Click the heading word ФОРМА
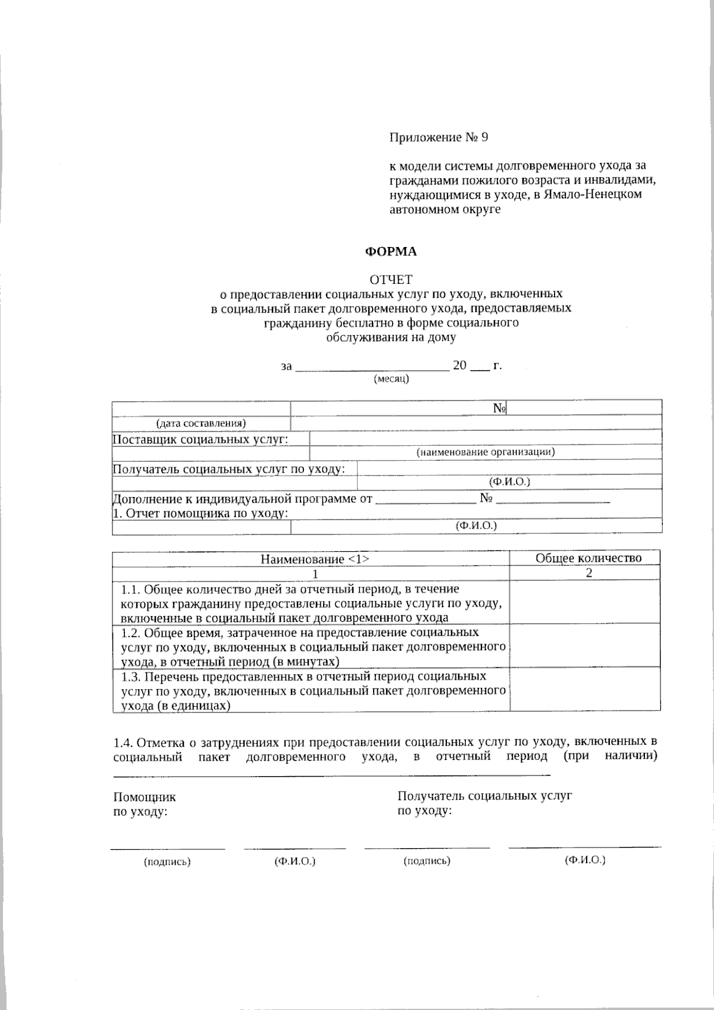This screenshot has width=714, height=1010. (390, 252)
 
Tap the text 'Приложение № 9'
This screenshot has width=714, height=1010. (439, 137)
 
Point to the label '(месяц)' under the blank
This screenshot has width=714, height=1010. (391, 379)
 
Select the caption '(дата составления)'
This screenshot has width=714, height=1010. (201, 423)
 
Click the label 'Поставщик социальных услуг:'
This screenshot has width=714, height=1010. (201, 440)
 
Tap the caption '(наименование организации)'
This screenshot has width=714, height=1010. (486, 452)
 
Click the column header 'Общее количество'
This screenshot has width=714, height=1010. (588, 558)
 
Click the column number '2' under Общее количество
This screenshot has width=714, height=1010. (588, 573)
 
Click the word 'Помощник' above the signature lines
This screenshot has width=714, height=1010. (144, 798)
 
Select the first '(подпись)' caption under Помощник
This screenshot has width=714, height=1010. (167, 861)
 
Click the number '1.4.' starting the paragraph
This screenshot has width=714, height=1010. (123, 742)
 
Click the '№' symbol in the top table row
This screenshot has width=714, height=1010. (499, 408)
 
